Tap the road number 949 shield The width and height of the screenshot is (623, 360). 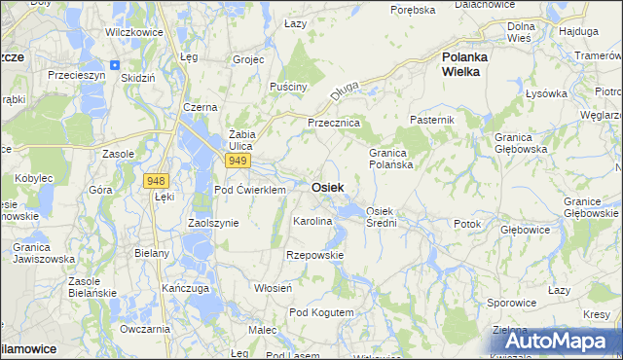[237, 160]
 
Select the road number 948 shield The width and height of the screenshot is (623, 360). [155, 181]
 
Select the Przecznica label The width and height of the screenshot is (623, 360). [334, 124]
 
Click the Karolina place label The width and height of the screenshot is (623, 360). [313, 222]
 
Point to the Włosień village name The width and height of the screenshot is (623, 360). [274, 288]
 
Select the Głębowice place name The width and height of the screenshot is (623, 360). [526, 231]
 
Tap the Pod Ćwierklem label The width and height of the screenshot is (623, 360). [250, 190]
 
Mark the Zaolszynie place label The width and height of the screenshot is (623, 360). [213, 223]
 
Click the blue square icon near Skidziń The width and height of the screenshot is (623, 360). [115, 65]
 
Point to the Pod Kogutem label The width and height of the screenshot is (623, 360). [321, 312]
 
